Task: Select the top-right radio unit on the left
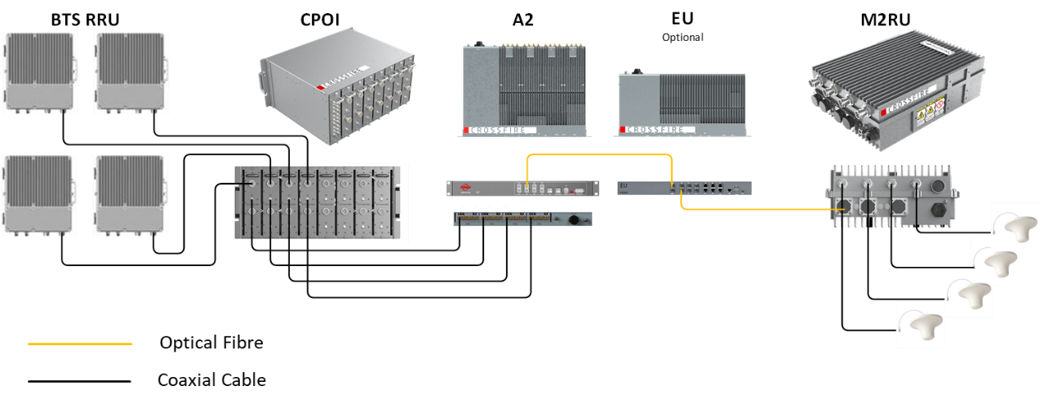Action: click(x=131, y=73)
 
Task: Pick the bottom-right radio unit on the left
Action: click(x=131, y=197)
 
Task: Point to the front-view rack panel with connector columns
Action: click(x=317, y=204)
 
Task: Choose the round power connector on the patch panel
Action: click(x=571, y=219)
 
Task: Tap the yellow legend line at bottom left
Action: click(x=80, y=344)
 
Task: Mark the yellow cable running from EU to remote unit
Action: click(x=751, y=210)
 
